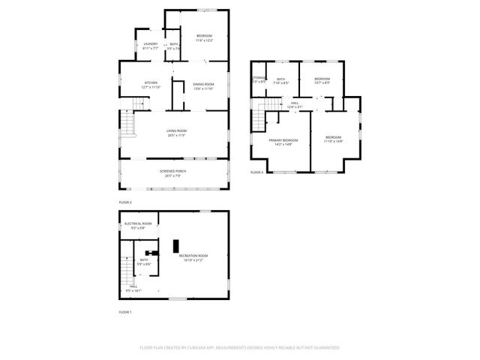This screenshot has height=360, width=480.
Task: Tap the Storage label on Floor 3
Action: [259, 79]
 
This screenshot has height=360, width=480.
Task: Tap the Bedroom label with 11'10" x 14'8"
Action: [333, 139]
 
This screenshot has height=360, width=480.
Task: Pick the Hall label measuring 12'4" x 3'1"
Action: [295, 104]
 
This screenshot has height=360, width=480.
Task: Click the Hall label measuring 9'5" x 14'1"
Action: [133, 287]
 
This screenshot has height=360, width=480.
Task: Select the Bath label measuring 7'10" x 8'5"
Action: [281, 80]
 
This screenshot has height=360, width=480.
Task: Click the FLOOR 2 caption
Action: [125, 202]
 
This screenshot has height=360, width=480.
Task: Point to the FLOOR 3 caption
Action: [256, 172]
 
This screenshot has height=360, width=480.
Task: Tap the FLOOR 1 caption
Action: [125, 311]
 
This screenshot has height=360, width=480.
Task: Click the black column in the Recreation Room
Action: [176, 245]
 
